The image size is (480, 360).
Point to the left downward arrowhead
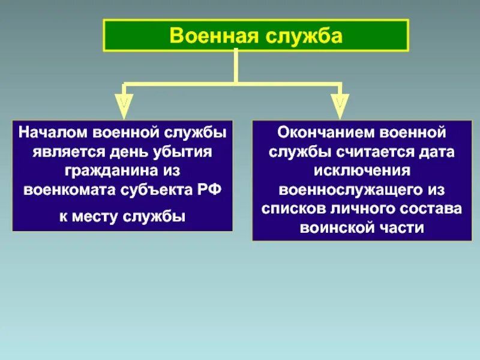pos(124,107)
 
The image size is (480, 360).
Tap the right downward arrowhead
pos(340,107)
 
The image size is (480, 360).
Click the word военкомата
pos(66,190)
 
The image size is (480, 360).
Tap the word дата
pos(435,151)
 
